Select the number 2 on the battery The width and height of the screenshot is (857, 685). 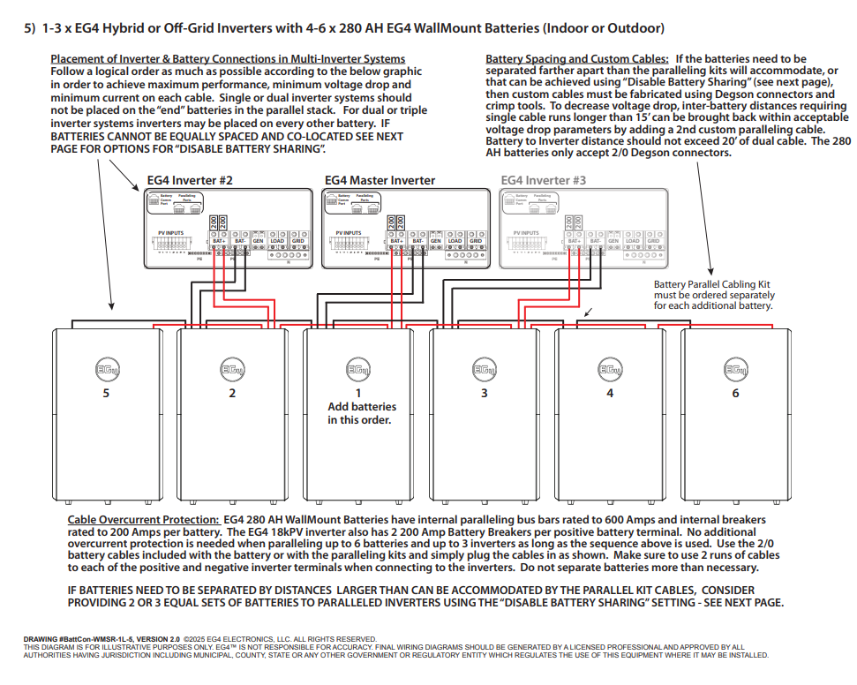pos(232,393)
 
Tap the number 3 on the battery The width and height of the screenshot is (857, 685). pos(484,393)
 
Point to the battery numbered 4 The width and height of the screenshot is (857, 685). pos(610,393)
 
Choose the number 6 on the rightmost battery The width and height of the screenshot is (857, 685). pos(735,393)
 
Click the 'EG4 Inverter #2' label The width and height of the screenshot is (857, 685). pos(190,180)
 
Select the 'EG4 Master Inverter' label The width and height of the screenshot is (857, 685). pos(380,180)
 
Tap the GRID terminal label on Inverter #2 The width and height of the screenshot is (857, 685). pos(297,241)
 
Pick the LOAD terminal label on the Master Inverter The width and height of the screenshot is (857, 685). pos(455,241)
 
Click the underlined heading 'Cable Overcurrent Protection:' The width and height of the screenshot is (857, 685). pos(144,520)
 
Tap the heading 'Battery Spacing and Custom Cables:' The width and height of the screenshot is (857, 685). pos(576,59)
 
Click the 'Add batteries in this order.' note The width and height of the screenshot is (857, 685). pos(362,413)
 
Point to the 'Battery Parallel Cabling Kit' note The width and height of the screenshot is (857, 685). pos(712,284)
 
